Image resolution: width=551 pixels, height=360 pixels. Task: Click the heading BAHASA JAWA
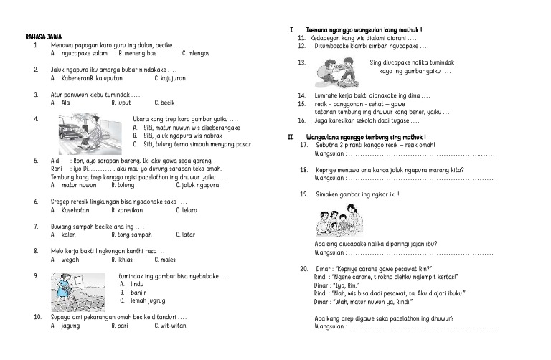(x=42, y=36)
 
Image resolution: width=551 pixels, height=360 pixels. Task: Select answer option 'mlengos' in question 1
(x=197, y=53)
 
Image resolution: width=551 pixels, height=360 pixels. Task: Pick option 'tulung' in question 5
(x=123, y=185)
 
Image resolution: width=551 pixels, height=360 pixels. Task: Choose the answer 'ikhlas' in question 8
(x=123, y=260)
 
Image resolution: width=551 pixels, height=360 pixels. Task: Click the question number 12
(x=301, y=46)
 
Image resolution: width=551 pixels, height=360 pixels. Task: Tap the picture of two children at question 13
(x=341, y=72)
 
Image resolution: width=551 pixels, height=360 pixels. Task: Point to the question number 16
(x=301, y=120)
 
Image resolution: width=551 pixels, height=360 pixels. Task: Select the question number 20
(x=303, y=268)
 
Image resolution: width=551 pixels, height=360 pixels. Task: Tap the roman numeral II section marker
(x=291, y=137)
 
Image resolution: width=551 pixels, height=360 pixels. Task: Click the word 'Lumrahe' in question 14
(x=327, y=95)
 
